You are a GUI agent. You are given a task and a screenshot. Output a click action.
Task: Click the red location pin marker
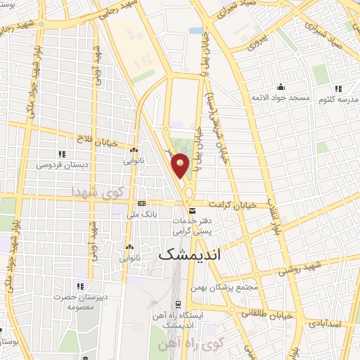[181, 166]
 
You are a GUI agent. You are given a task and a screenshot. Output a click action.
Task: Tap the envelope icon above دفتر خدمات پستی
[191, 210]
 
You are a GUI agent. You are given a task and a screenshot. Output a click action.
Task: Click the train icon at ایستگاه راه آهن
[179, 305]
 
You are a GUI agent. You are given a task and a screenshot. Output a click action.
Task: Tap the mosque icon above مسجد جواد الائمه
[281, 86]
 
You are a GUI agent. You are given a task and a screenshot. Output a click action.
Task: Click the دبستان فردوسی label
[61, 165]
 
